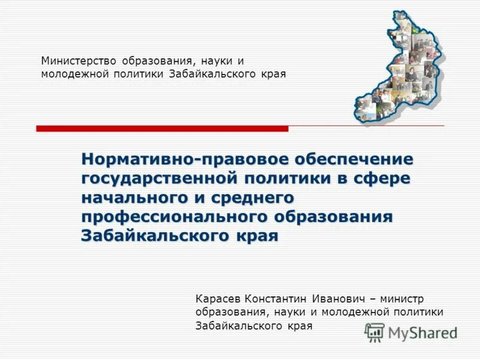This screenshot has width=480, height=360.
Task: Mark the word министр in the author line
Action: [x=408, y=298]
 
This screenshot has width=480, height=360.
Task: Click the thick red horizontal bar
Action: [x=162, y=128]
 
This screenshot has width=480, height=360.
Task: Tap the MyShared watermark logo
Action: [x=411, y=332]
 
